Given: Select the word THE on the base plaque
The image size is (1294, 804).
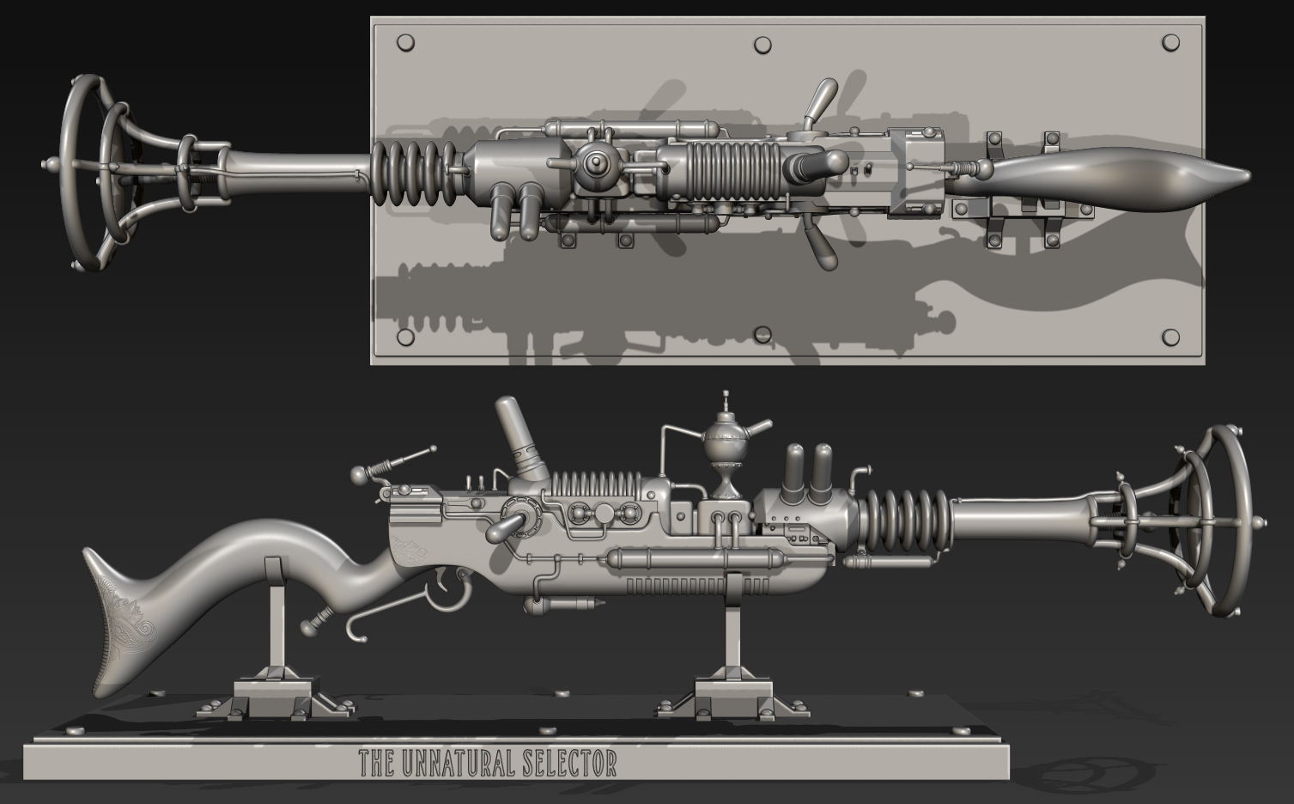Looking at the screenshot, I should point(376,763).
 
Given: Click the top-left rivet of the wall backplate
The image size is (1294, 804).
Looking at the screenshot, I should point(406,42).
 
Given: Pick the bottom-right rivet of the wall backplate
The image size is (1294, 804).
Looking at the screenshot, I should point(1169,337).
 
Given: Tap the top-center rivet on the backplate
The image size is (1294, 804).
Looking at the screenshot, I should point(762,44).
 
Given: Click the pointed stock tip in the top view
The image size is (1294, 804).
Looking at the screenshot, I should point(1236,177).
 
